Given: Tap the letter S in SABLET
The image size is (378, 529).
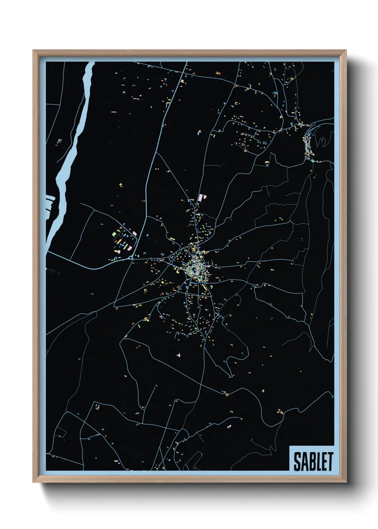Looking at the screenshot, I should (x=297, y=461).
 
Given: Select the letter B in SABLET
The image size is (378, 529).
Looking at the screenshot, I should (x=310, y=461).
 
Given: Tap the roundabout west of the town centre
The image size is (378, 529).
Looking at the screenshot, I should (x=131, y=257).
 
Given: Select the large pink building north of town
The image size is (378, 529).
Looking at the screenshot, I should (x=203, y=198).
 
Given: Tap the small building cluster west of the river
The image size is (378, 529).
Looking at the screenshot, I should (x=59, y=142).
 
